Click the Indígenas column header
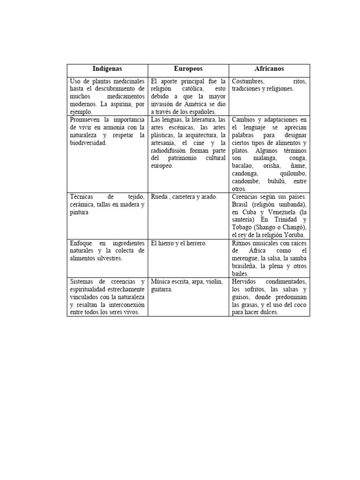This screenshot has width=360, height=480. pyautogui.click(x=107, y=69)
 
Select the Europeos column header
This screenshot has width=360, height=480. pyautogui.click(x=188, y=69)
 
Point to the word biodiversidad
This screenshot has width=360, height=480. pyautogui.click(x=88, y=142)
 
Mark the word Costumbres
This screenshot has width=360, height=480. pyautogui.click(x=247, y=81)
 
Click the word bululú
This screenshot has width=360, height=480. pyautogui.click(x=275, y=181)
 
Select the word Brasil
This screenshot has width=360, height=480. pyautogui.click(x=241, y=204)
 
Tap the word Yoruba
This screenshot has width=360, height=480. pyautogui.click(x=294, y=235)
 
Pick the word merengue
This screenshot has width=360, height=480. pyautogui.click(x=245, y=258)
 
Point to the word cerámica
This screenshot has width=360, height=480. pyautogui.click(x=82, y=204)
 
